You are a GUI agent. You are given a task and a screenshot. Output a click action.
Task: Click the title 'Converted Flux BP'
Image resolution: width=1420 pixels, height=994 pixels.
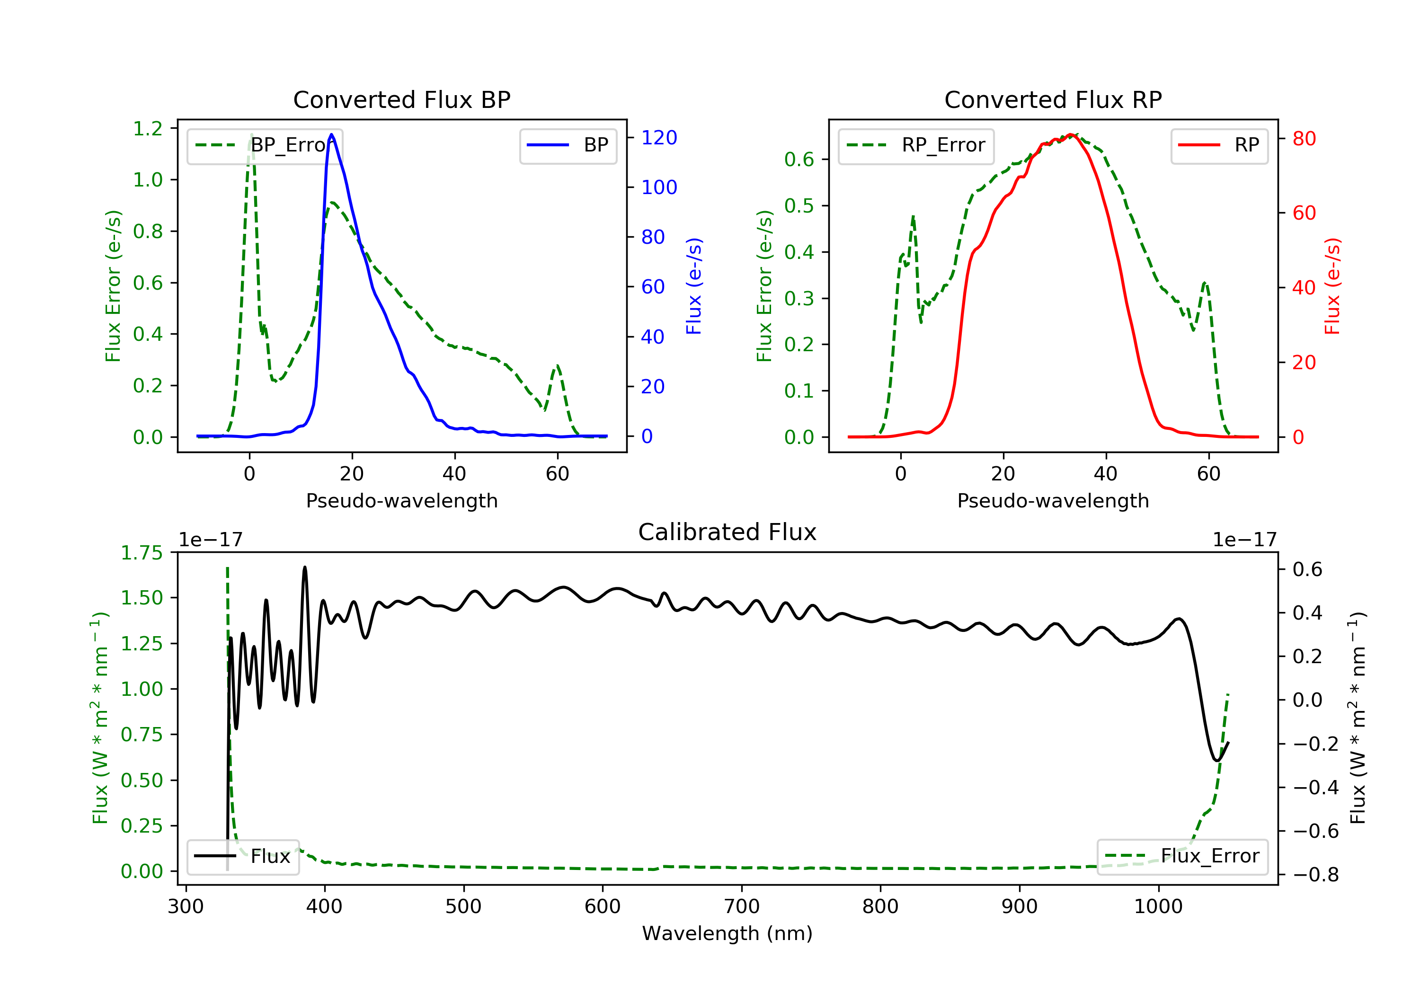(401, 99)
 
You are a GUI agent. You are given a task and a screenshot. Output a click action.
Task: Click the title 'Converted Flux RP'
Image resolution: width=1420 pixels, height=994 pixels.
(1053, 99)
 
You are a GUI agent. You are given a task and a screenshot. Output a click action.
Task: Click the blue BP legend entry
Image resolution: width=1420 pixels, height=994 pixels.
(568, 145)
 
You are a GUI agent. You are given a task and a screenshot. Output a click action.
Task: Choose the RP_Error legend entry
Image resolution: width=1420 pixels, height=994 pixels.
(916, 145)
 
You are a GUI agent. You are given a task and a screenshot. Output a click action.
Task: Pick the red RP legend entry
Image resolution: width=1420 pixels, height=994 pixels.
(1219, 145)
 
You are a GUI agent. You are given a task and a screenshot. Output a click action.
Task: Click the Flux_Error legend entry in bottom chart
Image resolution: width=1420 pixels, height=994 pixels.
(1182, 856)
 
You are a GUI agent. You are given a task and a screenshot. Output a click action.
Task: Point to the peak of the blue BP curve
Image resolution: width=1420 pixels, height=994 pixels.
(331, 134)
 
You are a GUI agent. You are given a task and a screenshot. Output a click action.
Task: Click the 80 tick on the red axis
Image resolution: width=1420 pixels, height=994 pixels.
(1304, 139)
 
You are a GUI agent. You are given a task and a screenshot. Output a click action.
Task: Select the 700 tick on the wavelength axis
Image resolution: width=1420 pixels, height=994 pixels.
(742, 907)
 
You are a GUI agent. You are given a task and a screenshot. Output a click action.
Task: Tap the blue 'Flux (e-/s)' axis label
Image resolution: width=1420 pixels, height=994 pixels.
(694, 286)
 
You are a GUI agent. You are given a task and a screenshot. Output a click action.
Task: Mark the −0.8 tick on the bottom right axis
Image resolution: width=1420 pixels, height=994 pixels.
(1315, 875)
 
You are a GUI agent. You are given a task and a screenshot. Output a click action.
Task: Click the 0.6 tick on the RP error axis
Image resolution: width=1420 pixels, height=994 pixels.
(799, 160)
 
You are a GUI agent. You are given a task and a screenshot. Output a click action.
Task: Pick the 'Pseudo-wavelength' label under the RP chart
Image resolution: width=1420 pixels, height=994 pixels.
(1053, 500)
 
